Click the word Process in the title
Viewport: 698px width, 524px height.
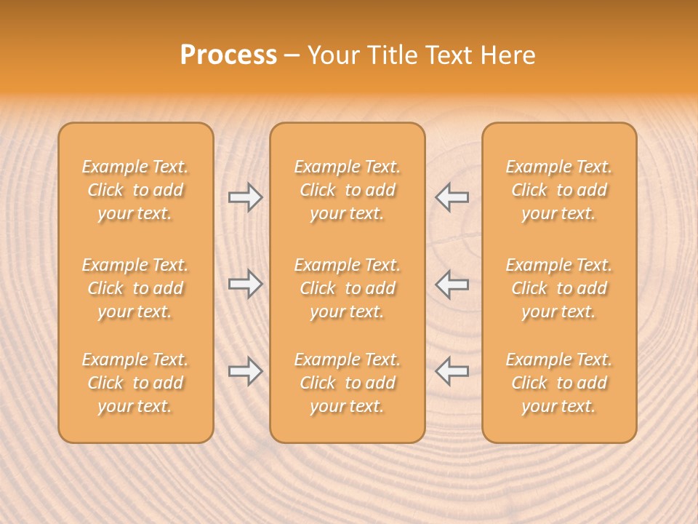coord(228,55)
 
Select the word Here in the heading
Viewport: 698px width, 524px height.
coord(509,55)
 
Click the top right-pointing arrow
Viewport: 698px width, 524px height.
coord(245,197)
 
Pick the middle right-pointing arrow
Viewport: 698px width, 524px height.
coord(245,284)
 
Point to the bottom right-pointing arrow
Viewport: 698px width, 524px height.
coord(245,371)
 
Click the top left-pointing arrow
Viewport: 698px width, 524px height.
coord(452,197)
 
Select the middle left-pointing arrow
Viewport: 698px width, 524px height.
coord(452,284)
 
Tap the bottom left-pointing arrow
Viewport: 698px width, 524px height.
coord(452,371)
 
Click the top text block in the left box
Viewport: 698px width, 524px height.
coord(135,190)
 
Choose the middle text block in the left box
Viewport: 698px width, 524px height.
coord(135,288)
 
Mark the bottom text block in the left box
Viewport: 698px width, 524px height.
coord(135,383)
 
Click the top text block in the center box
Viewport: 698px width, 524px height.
coord(347,190)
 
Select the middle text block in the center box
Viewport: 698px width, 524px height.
coord(347,288)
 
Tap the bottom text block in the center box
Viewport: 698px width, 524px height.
coord(347,383)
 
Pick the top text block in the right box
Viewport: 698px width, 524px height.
coord(558,190)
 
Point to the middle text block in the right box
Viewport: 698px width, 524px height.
coord(558,288)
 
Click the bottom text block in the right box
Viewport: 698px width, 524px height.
coord(558,383)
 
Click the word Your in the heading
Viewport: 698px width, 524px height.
coord(335,55)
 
